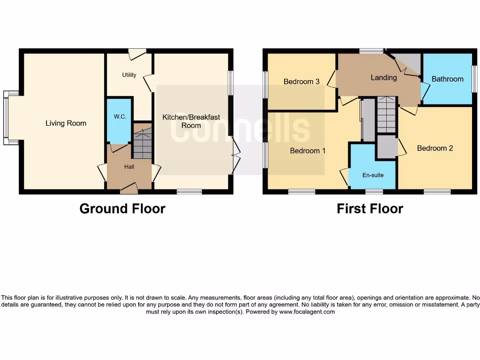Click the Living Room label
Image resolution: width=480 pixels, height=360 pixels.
66,123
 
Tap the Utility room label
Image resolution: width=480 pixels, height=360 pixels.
129,75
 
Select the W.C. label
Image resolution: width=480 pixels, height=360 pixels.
120,117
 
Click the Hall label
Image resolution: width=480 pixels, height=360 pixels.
129,166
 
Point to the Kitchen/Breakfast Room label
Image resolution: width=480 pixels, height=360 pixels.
191,121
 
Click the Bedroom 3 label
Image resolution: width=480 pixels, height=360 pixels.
301,82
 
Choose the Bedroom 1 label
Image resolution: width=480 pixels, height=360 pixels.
307,150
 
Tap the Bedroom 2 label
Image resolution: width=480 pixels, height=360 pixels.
435,148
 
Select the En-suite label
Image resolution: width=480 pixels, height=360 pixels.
373,175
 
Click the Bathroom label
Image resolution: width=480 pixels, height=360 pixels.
447,79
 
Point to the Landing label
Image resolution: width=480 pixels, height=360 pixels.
383,77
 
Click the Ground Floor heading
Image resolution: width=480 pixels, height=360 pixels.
122,209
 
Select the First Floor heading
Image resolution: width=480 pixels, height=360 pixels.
370,209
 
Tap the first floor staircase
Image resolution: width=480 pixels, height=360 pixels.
387,115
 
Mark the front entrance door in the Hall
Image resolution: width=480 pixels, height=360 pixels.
129,189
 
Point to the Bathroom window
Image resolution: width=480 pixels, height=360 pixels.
474,79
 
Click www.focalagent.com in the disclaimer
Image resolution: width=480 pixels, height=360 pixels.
307,312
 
